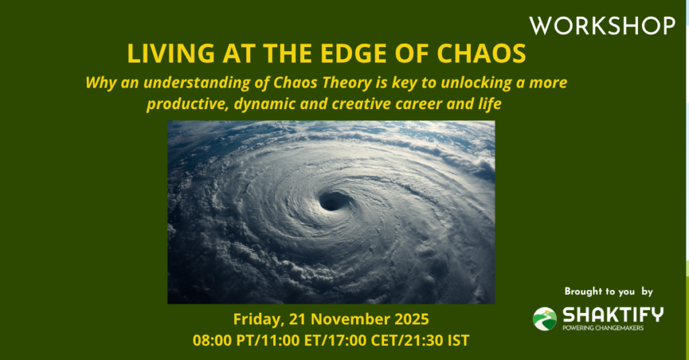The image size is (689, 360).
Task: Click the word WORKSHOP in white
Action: tap(602, 26)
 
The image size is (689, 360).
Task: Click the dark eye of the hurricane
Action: tap(334, 201)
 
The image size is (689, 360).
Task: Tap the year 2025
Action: tap(412, 319)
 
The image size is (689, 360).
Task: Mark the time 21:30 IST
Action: tap(440, 340)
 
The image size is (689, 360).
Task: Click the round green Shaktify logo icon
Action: tap(545, 319)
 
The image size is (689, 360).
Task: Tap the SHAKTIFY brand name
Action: tap(613, 315)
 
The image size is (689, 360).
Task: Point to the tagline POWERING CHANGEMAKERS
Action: tap(603, 328)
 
